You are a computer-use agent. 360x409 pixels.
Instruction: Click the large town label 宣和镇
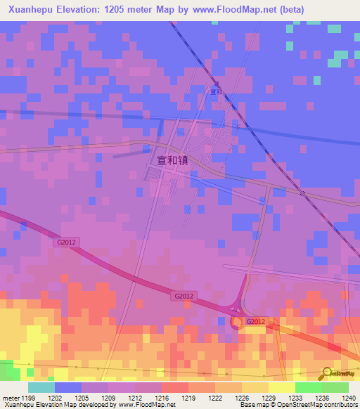click(169, 160)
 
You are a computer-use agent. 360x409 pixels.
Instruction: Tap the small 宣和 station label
click(217, 91)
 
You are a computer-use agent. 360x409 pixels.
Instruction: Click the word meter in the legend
click(11, 398)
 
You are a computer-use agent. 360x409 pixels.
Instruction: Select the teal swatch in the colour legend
click(41, 387)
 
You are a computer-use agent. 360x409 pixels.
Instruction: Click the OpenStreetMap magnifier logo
click(326, 372)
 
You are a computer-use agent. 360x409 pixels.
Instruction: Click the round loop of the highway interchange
click(237, 322)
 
